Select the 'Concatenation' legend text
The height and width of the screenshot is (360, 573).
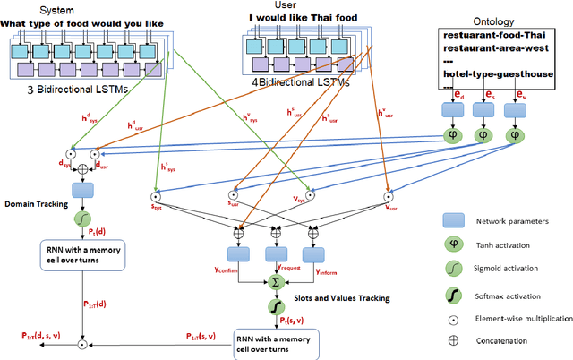pos(503,340)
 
